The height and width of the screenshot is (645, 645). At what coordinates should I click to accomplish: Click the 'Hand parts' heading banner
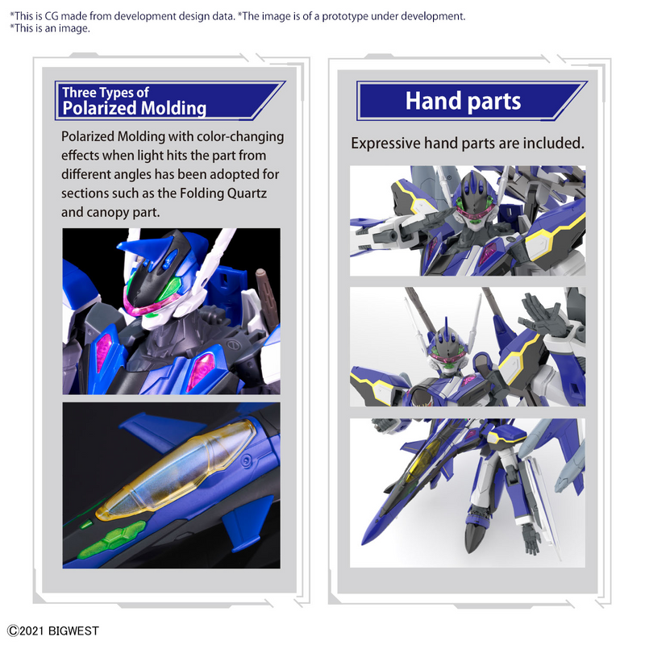463,101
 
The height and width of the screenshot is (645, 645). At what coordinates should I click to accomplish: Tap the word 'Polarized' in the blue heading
98,109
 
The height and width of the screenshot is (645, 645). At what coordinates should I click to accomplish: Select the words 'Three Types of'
106,93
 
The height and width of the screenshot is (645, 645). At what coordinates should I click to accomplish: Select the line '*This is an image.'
50,28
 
